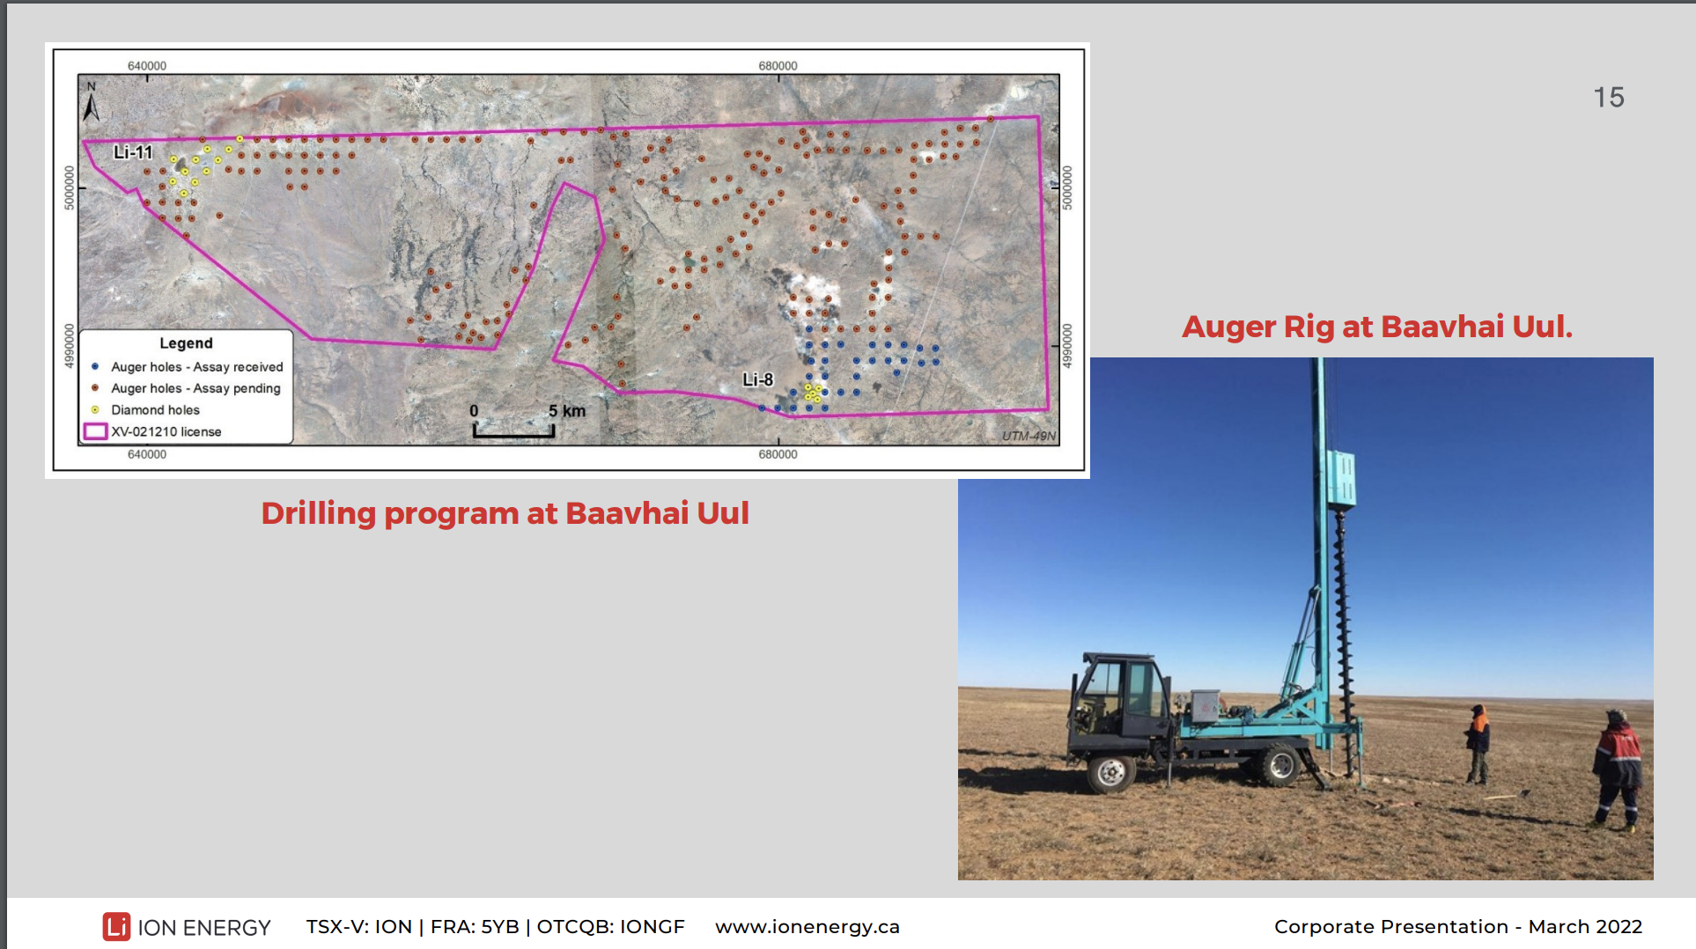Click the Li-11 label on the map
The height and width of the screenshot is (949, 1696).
tap(133, 152)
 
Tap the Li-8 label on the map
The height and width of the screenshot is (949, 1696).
tap(757, 379)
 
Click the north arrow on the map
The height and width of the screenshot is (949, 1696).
tap(91, 102)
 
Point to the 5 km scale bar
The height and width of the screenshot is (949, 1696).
tap(514, 430)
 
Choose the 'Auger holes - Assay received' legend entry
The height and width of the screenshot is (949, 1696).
tap(188, 367)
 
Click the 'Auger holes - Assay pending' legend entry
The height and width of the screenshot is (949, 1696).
tap(186, 388)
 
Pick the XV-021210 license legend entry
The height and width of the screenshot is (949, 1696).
tap(152, 431)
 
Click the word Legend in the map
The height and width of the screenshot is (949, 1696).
tap(186, 343)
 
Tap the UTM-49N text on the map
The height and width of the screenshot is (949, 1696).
tap(1029, 436)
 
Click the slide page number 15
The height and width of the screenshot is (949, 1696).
tap(1609, 97)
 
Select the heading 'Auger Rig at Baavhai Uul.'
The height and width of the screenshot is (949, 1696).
tap(1377, 327)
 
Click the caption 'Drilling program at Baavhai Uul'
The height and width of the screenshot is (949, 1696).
tap(505, 513)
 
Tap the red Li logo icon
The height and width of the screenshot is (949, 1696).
tap(116, 927)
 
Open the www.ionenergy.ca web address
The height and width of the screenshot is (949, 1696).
tap(807, 927)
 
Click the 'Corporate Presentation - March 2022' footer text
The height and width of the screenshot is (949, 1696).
tap(1458, 927)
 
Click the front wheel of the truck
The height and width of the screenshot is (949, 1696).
tap(1111, 773)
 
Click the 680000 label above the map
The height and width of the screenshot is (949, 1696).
tap(778, 66)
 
